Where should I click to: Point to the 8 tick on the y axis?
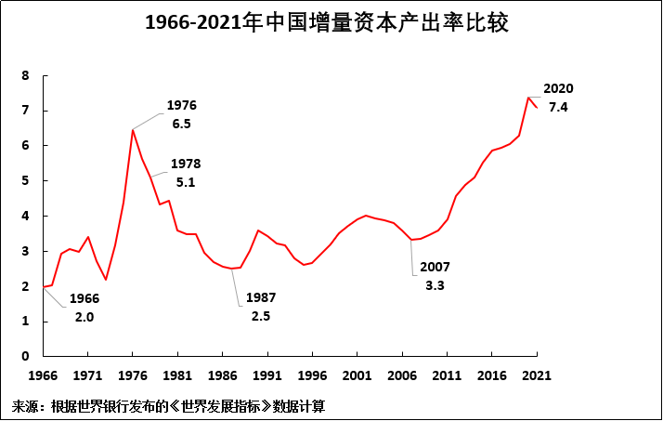click(25, 75)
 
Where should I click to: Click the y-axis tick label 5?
click(25, 181)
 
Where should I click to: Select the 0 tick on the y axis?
click(25, 356)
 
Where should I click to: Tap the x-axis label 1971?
click(87, 376)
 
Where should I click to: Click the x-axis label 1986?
click(222, 376)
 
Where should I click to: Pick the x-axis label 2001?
click(357, 376)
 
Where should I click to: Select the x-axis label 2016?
click(492, 376)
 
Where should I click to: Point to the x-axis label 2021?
click(537, 376)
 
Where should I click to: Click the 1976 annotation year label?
click(181, 105)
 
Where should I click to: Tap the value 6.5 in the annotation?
click(181, 124)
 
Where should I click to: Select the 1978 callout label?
click(186, 164)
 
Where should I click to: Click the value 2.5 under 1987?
click(262, 316)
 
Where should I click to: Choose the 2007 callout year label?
click(435, 267)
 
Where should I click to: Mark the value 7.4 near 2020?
click(558, 107)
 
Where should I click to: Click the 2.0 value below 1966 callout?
click(84, 317)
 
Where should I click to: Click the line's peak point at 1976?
click(132, 129)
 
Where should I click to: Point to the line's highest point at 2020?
click(527, 98)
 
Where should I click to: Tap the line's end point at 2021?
click(537, 108)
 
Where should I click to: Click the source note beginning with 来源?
click(168, 407)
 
